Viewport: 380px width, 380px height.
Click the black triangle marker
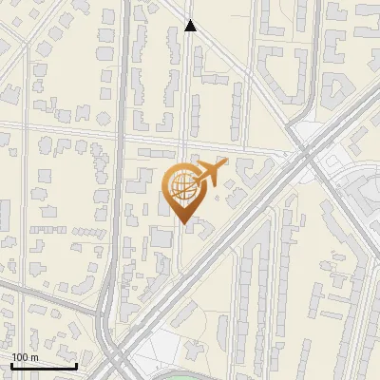click(190, 27)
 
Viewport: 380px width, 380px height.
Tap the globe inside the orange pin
click(181, 184)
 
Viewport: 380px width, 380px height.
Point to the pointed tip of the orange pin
click(181, 223)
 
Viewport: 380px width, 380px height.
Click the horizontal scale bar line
click(43, 366)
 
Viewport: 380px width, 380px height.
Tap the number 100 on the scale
click(20, 357)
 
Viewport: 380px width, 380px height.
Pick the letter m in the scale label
click(34, 357)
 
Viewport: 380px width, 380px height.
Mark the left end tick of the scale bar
click(10, 364)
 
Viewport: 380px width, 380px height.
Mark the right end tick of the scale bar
click(76, 364)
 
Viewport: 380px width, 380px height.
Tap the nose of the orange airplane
click(226, 164)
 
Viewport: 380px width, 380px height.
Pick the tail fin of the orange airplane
click(193, 171)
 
